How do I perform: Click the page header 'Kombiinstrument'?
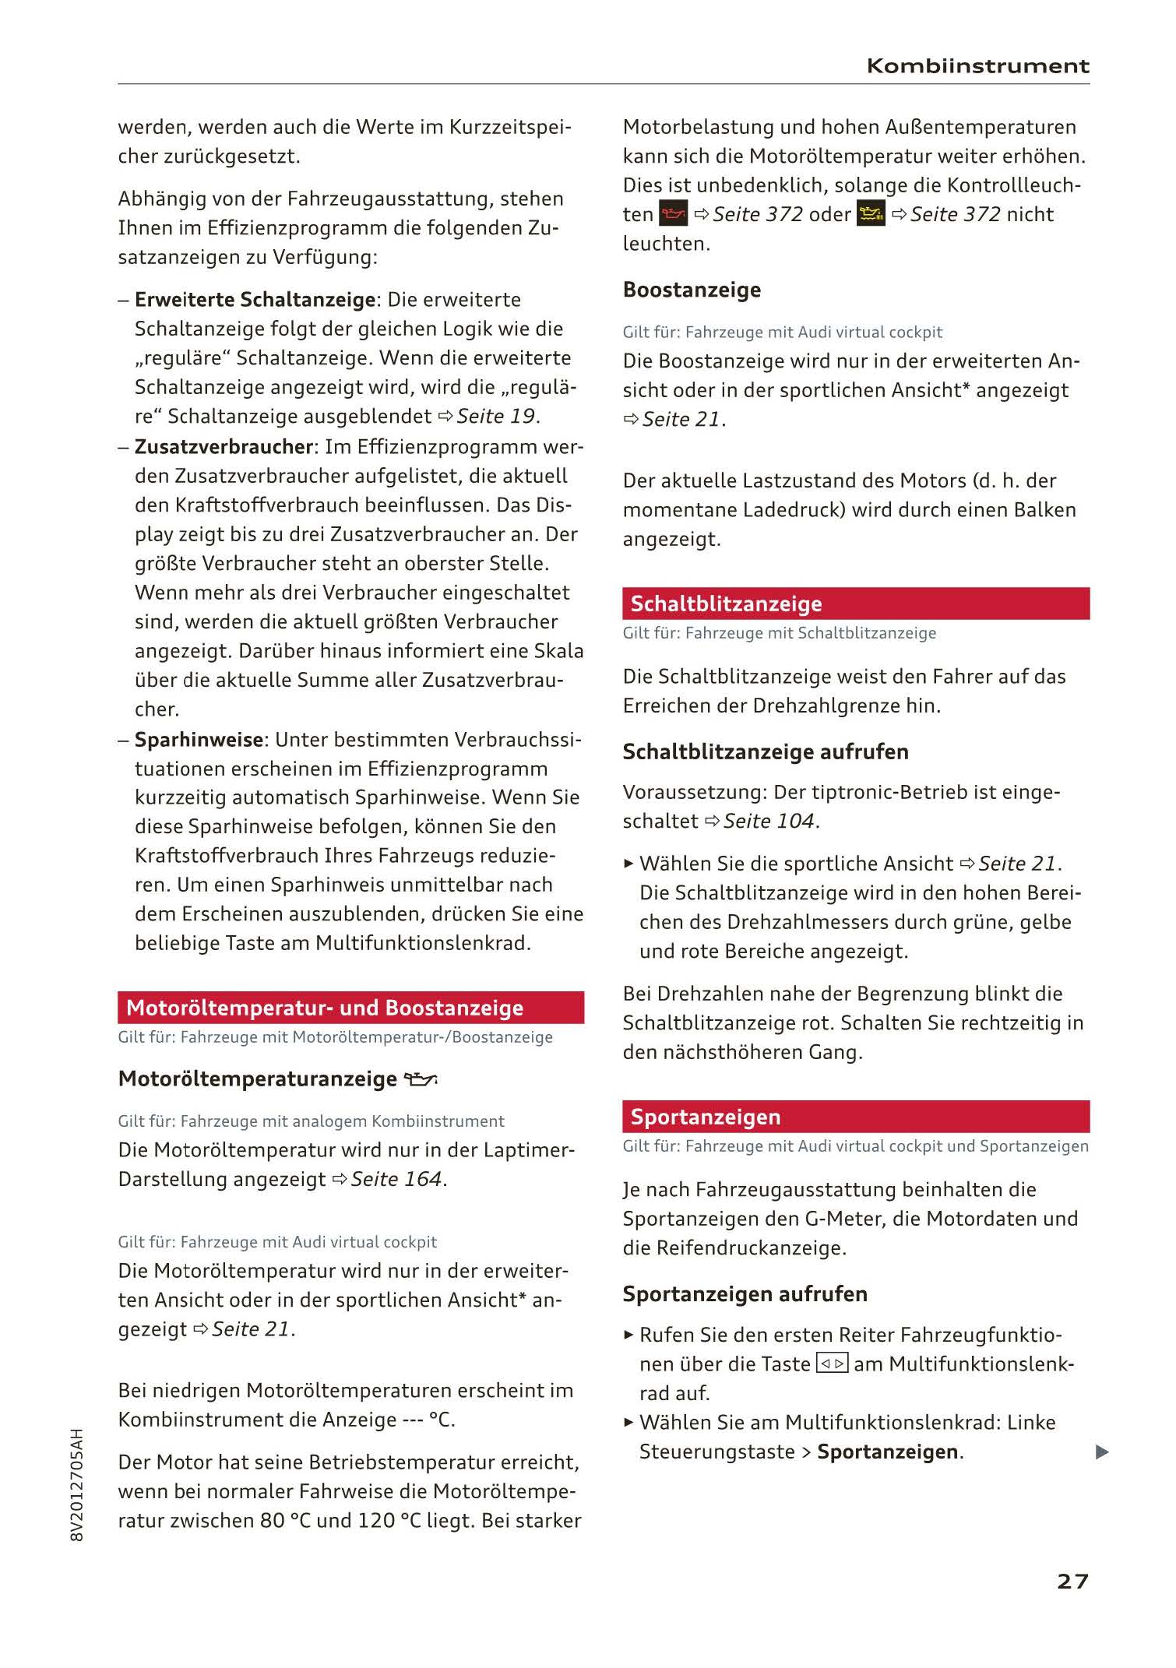tap(977, 66)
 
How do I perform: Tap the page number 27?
tap(1072, 1581)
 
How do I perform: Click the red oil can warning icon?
tap(673, 214)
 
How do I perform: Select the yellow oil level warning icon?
tap(871, 214)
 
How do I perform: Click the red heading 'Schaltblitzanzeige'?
tap(726, 604)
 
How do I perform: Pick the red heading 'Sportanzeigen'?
tap(705, 1117)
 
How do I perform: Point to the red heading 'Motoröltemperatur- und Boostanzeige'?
tap(325, 1008)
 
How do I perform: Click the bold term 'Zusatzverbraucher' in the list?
tap(224, 447)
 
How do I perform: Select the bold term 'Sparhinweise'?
tap(199, 739)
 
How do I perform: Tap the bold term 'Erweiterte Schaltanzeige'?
tap(255, 300)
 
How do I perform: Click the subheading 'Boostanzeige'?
tap(692, 290)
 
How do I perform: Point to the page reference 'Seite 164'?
tap(396, 1179)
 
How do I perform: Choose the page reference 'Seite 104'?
tap(769, 821)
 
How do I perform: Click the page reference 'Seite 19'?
tap(496, 417)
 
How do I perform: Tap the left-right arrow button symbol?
tap(832, 1364)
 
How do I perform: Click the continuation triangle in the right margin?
tap(1101, 1452)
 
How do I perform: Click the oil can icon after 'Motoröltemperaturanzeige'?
tap(421, 1079)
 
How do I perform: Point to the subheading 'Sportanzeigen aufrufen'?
tap(745, 1293)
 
